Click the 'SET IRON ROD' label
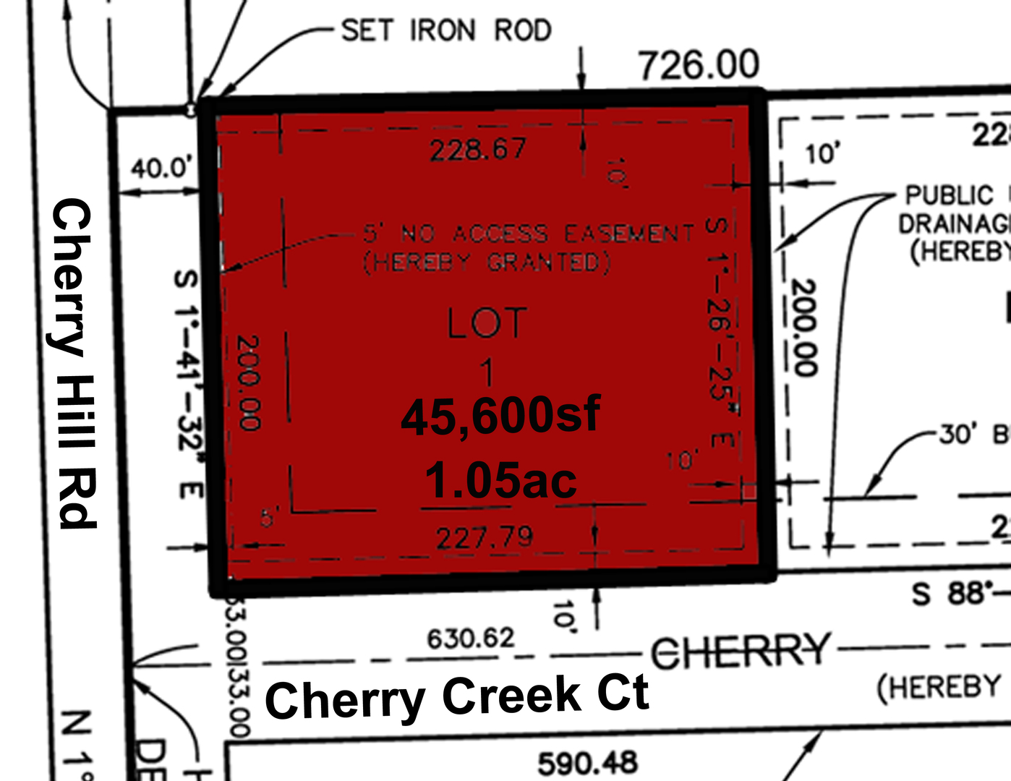click(x=445, y=30)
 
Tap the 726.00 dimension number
click(x=699, y=65)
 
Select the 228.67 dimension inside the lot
click(x=478, y=150)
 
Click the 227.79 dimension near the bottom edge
click(x=485, y=537)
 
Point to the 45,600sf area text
click(x=500, y=417)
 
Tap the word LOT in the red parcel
click(x=487, y=323)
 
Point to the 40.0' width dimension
click(x=162, y=169)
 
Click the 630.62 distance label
click(x=471, y=639)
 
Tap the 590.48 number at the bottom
click(x=587, y=763)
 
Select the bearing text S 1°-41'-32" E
click(x=187, y=383)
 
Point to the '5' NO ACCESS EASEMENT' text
click(x=529, y=234)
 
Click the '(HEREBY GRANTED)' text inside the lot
click(x=487, y=262)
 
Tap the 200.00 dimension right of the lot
click(x=804, y=327)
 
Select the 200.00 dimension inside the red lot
click(x=248, y=383)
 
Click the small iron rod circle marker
click(x=190, y=110)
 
